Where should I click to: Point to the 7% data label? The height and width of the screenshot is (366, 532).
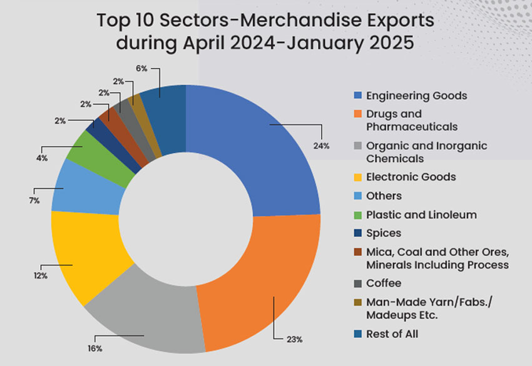pos(34,201)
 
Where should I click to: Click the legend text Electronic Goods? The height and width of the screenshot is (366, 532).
pos(411,177)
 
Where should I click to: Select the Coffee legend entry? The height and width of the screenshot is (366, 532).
pos(383,283)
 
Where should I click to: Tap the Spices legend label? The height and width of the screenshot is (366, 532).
pos(383,233)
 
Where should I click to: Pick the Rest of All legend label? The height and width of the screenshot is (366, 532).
pos(392,334)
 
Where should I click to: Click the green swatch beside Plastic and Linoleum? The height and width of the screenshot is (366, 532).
pos(358,215)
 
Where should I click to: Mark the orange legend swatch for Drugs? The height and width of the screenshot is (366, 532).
pos(358,115)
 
